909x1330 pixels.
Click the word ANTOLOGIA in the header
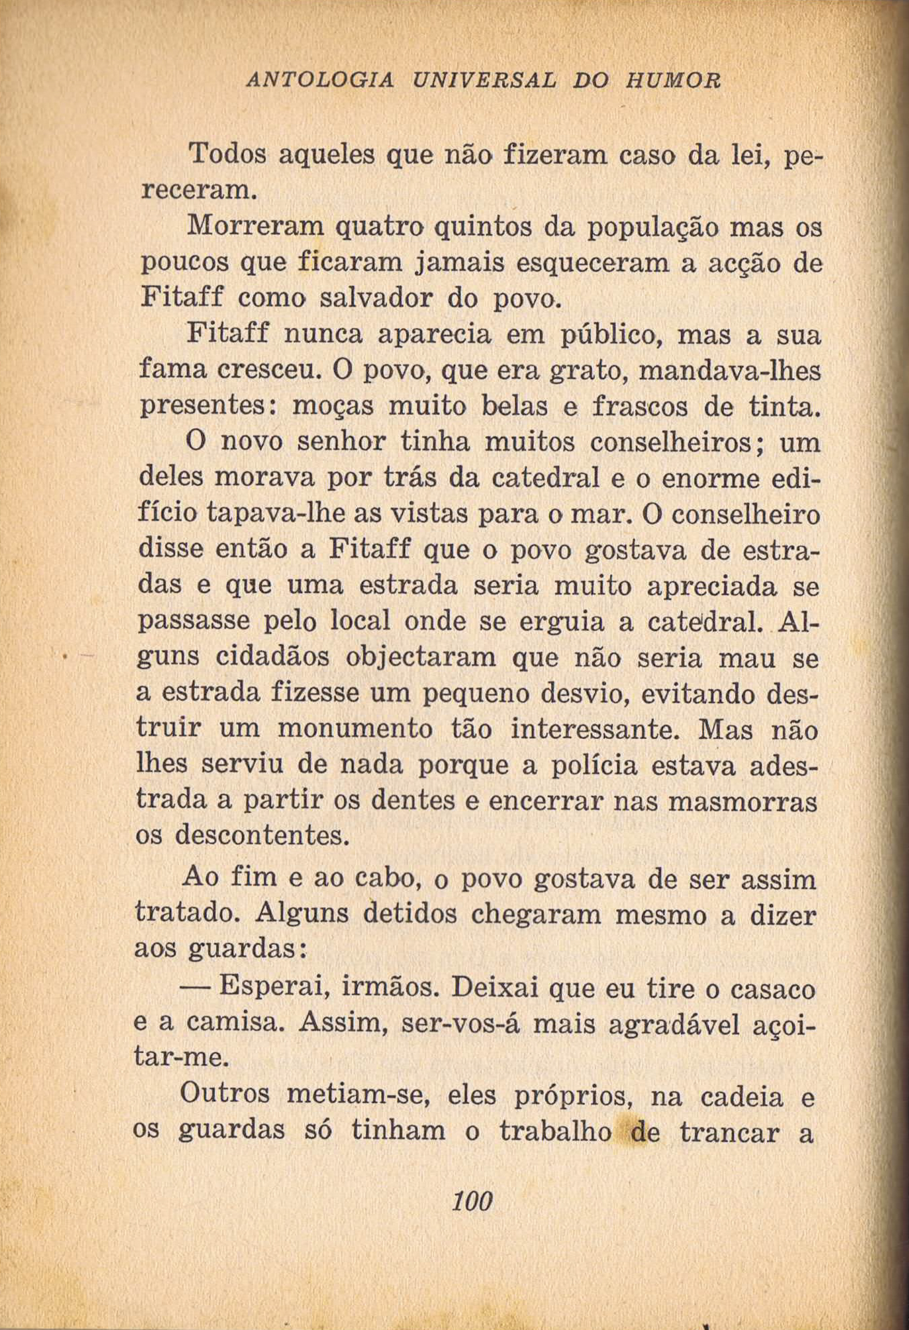(x=320, y=81)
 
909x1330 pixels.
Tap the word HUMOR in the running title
(x=673, y=81)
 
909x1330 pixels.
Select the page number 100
(x=473, y=1200)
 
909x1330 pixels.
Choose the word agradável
(x=675, y=1025)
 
